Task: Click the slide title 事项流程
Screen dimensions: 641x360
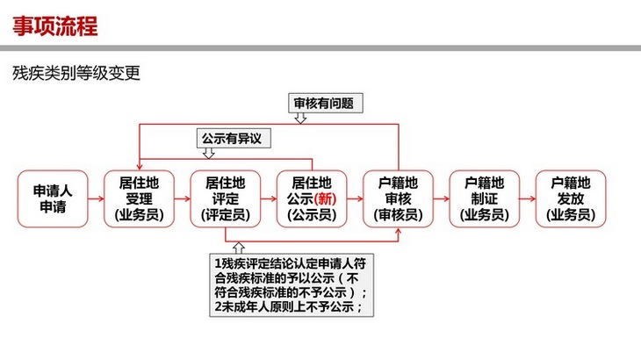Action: (x=55, y=26)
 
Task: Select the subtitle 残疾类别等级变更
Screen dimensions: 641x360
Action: (x=76, y=73)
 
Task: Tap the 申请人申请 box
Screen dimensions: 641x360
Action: (x=53, y=199)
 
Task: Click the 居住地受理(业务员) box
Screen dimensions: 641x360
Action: (x=139, y=199)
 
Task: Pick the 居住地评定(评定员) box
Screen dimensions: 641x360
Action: (x=226, y=199)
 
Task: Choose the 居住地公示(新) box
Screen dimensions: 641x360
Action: (x=312, y=199)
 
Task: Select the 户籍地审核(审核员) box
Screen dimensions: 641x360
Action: (x=398, y=199)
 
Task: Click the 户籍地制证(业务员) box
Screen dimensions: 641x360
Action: (x=485, y=199)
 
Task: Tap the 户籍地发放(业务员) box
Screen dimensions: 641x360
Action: (x=571, y=199)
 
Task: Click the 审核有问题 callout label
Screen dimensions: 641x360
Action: (x=326, y=103)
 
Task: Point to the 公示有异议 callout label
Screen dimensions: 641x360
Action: (x=234, y=138)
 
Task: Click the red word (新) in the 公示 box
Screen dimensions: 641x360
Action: (x=326, y=199)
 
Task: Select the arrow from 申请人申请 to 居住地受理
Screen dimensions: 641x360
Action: (x=96, y=199)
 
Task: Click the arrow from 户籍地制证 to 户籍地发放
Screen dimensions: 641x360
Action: (x=528, y=199)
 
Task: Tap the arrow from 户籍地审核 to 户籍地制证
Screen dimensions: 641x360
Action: (x=442, y=199)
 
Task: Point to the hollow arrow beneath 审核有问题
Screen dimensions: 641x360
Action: (x=300, y=118)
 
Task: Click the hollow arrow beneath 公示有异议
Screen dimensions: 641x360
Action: (x=208, y=154)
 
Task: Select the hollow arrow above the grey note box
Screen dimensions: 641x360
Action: (x=239, y=248)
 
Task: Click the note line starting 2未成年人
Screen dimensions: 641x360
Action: (x=289, y=306)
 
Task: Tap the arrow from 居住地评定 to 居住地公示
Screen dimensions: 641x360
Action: (x=269, y=199)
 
